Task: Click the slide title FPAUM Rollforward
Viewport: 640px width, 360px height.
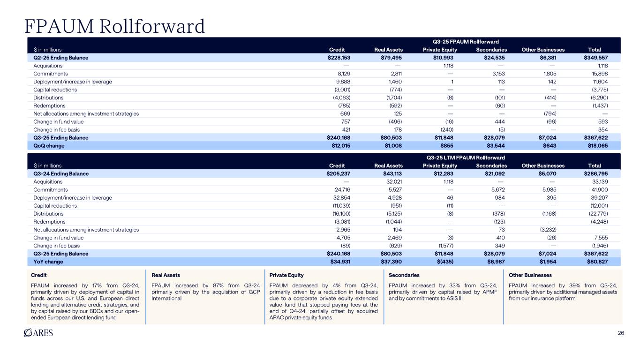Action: [x=115, y=26]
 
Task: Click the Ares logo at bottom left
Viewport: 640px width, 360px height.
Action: [x=38, y=333]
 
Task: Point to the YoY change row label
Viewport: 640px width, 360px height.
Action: [x=48, y=262]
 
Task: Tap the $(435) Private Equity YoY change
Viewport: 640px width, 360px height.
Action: [x=446, y=262]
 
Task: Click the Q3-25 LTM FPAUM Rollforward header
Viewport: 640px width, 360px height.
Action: [x=465, y=157]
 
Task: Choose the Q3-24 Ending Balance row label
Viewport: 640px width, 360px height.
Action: [x=61, y=173]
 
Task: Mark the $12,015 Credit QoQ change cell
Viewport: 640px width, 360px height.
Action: [x=339, y=146]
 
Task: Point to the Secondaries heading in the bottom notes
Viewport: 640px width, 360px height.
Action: [x=404, y=275]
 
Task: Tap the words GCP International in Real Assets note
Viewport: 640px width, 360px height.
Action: [x=167, y=298]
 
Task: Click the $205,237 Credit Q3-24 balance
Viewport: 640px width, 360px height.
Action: [x=339, y=173]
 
